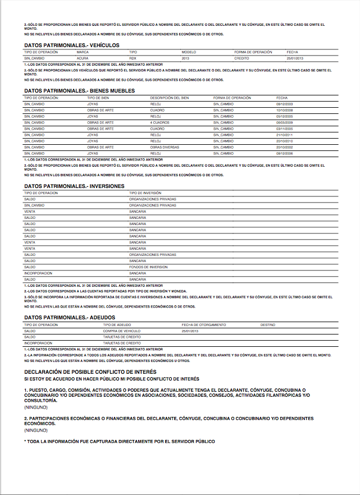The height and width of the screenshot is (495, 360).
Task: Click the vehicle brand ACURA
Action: click(83, 58)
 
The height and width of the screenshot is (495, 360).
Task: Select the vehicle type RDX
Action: click(133, 58)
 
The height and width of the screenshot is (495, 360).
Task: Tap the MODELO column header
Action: click(188, 52)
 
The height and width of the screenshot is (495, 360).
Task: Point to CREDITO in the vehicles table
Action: click(241, 58)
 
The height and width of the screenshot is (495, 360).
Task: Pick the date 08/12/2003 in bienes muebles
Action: click(285, 104)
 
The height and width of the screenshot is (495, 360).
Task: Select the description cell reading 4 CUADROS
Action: click(160, 122)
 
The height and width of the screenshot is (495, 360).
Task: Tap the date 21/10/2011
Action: click(285, 135)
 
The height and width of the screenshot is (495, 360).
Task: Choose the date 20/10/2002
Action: click(285, 147)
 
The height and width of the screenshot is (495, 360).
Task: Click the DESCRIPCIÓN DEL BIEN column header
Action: click(169, 98)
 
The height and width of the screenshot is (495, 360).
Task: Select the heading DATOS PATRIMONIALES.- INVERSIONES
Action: click(75, 186)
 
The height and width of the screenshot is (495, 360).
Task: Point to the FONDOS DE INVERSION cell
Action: click(148, 267)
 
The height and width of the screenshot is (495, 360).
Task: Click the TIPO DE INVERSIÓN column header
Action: click(145, 193)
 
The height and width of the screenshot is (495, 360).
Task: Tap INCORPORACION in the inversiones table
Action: click(38, 273)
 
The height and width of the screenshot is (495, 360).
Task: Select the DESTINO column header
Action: click(268, 325)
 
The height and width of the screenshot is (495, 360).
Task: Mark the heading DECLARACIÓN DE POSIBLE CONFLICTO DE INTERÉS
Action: click(90, 372)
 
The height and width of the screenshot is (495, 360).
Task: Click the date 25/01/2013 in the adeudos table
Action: click(190, 331)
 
